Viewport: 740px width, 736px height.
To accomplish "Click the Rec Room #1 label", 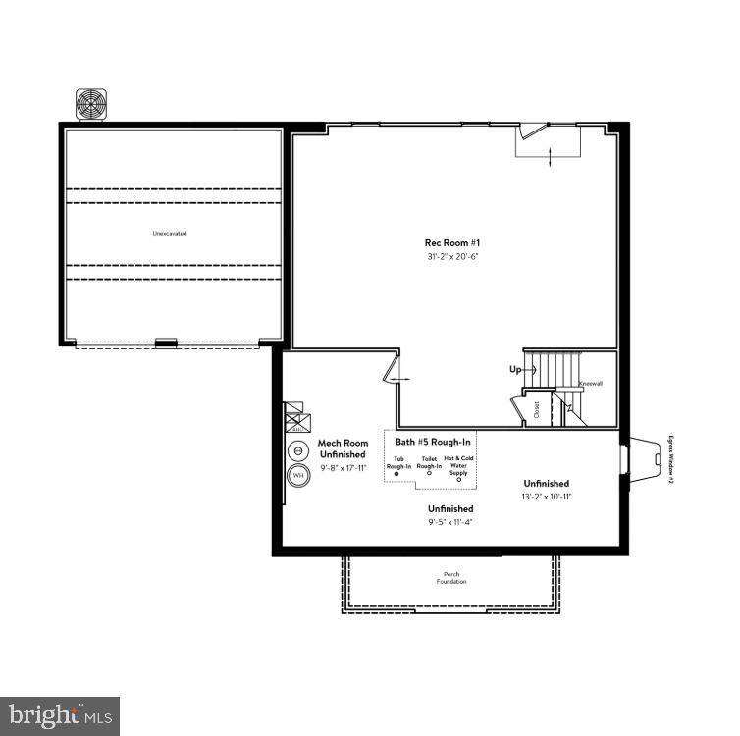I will tap(452, 242).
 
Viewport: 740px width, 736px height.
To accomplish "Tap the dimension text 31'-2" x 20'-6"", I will tap(452, 256).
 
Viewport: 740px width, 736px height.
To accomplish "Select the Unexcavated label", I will tap(169, 234).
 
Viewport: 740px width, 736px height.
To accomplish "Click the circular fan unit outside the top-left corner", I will tap(92, 103).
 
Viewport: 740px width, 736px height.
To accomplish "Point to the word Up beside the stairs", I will tap(515, 370).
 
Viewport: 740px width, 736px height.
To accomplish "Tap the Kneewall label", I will tap(590, 384).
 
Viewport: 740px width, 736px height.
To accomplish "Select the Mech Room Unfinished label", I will tap(342, 449).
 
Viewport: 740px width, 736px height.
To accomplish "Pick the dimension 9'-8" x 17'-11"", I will tap(342, 467).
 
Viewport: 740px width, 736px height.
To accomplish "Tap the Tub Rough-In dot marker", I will tap(397, 473).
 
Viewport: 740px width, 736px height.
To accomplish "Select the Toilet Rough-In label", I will tap(429, 461).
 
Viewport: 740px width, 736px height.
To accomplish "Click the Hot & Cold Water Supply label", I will tap(458, 465).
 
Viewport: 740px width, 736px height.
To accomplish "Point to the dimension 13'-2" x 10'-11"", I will tap(547, 497).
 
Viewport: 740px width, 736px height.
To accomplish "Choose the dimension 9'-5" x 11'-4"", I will tap(450, 523).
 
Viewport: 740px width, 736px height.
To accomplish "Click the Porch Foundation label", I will tap(451, 578).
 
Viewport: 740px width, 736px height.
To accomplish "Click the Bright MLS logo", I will tap(60, 716).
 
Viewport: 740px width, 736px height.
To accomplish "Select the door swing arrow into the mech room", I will tap(398, 376).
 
